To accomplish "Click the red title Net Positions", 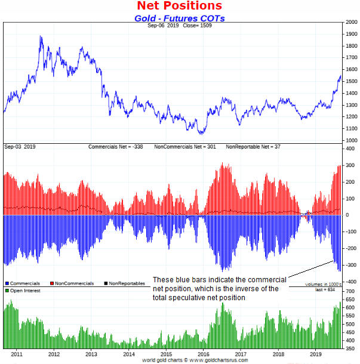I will tap(180, 6).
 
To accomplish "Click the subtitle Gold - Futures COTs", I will tap(180, 18).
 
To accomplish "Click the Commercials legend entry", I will tap(23, 283).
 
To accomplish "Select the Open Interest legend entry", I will tap(24, 290).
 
